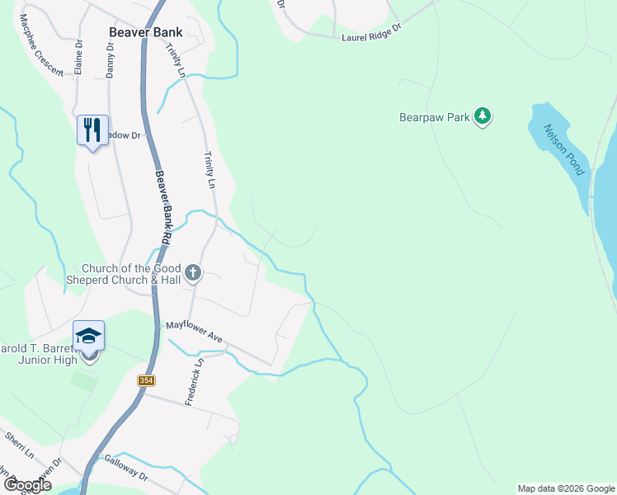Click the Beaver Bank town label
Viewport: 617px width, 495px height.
[x=146, y=32]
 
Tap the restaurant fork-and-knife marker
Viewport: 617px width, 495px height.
[x=92, y=130]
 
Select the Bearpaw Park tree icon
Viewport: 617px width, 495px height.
[x=483, y=118]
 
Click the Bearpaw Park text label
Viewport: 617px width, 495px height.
[x=434, y=118]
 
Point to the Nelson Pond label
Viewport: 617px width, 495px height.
[x=563, y=149]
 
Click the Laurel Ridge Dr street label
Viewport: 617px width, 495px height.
[x=370, y=32]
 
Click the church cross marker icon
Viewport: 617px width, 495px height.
[x=193, y=273]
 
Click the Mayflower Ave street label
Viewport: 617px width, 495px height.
[x=195, y=332]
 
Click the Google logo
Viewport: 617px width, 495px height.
[x=28, y=485]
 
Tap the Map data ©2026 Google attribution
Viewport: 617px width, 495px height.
[x=566, y=488]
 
